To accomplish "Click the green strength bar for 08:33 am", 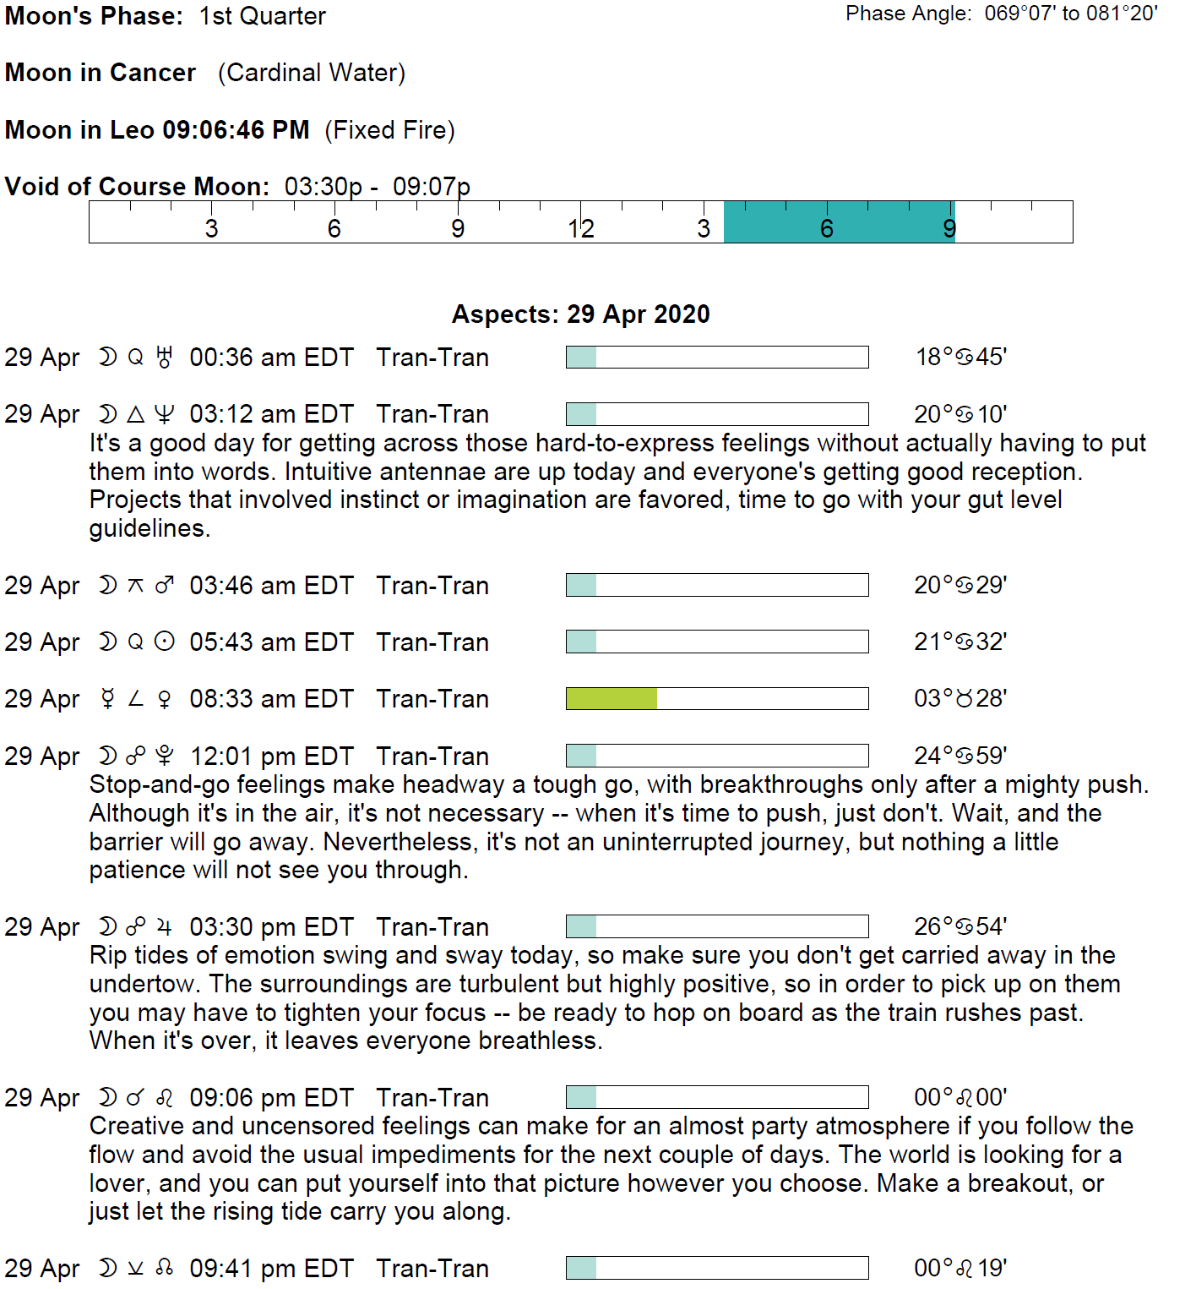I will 612,698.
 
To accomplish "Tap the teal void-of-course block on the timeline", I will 839,222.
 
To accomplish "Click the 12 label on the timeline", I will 581,228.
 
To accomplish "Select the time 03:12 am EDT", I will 271,414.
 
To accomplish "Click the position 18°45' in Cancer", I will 960,357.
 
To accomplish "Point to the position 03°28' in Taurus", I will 960,698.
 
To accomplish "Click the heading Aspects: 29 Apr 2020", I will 580,314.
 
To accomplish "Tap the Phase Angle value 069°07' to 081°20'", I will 1070,14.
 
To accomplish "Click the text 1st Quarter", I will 263,16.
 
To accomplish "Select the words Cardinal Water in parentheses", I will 312,73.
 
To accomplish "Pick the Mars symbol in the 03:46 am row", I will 165,585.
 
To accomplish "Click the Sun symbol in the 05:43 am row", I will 165,642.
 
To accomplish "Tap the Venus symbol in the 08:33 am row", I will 165,699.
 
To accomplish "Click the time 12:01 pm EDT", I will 271,756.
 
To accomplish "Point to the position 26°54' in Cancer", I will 960,926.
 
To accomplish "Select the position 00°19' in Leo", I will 960,1268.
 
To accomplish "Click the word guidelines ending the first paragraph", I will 148,528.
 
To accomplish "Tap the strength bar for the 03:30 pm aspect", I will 717,926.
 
